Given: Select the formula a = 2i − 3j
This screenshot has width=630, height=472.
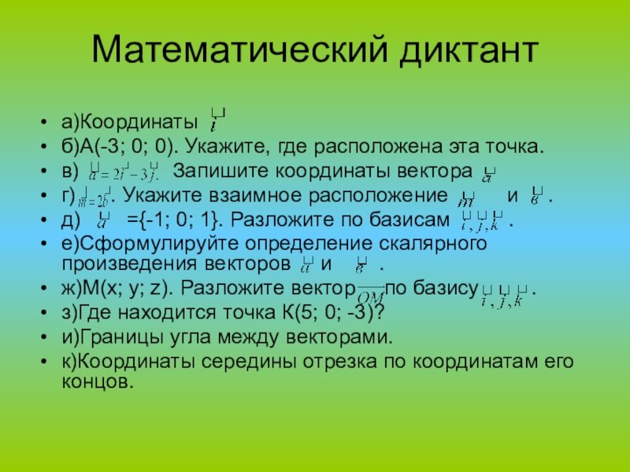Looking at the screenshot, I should pyautogui.click(x=125, y=171).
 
